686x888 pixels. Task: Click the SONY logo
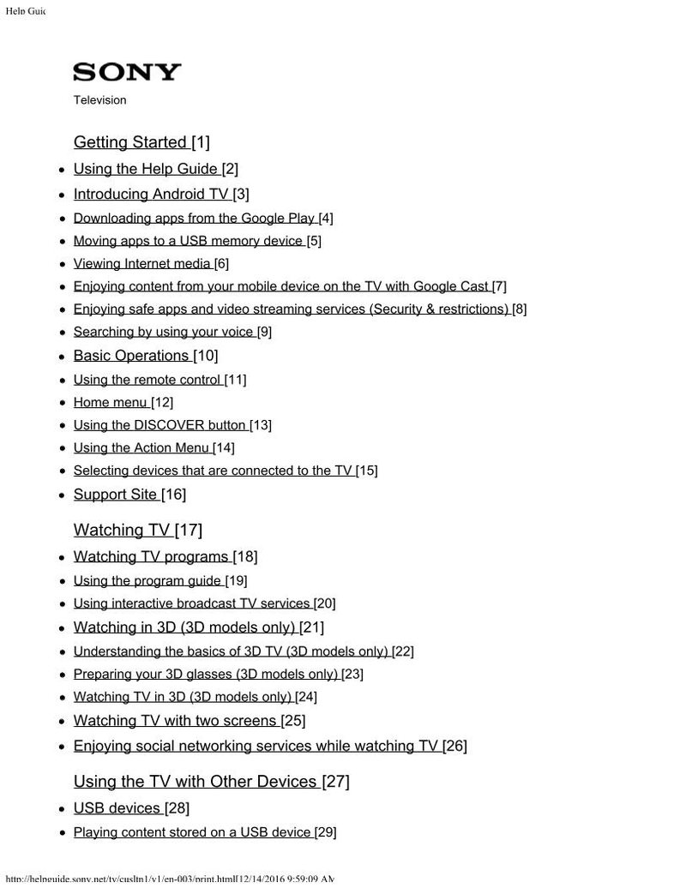click(127, 72)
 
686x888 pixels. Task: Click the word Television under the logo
click(99, 100)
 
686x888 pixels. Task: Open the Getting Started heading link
click(129, 142)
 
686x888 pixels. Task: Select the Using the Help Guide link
click(145, 169)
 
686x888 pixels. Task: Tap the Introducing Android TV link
click(150, 195)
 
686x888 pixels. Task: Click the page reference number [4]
click(326, 219)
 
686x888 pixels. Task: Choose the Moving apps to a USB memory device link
click(188, 241)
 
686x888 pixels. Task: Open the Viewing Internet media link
click(141, 264)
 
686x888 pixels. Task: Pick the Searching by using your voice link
click(163, 332)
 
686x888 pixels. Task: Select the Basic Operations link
click(130, 356)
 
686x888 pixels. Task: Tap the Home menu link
click(110, 402)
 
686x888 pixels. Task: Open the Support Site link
click(115, 495)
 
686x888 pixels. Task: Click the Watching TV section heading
click(122, 531)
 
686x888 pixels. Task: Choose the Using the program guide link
click(147, 581)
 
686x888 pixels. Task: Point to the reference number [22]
click(403, 651)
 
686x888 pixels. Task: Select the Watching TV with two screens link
click(175, 721)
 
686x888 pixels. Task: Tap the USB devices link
click(117, 808)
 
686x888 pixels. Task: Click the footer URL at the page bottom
click(167, 879)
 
